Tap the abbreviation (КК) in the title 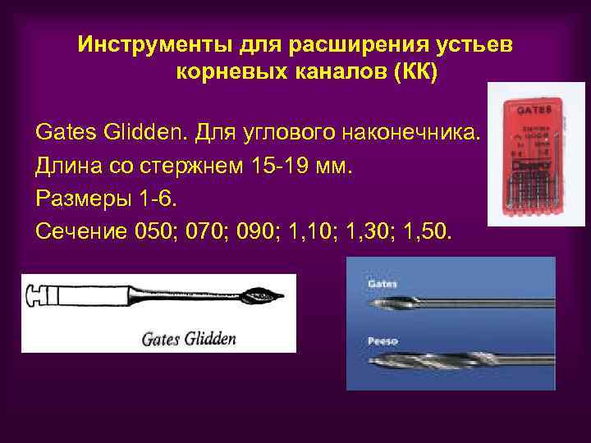pyautogui.click(x=415, y=71)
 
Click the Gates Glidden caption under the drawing pyautogui.click(x=189, y=338)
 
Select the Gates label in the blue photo pyautogui.click(x=383, y=282)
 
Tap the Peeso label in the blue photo pyautogui.click(x=383, y=337)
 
